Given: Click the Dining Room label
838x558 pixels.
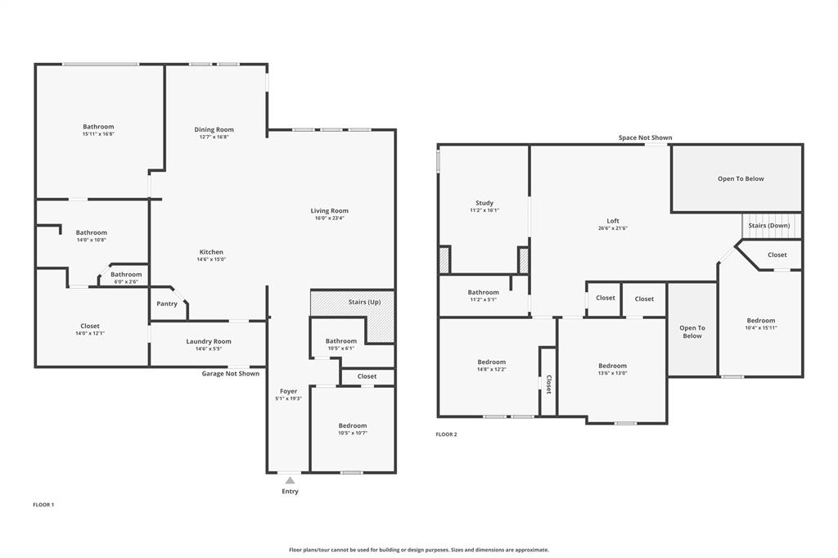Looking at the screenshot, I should coord(214,129).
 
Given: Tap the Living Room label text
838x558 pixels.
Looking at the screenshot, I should coord(329,211).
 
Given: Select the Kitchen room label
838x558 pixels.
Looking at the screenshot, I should coord(211,252).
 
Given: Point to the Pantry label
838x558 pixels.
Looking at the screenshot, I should coord(167,304).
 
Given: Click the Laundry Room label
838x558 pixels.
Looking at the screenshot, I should coord(209,341).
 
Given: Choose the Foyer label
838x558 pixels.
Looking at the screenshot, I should coord(288,391).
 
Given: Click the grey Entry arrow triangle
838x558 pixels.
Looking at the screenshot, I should coord(290,481).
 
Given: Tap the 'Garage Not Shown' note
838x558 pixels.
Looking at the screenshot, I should coord(231,373).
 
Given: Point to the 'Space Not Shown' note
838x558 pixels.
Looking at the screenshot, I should coord(645,137).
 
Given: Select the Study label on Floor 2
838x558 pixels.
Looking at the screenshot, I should coord(484,203).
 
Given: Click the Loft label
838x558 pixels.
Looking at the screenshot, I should coord(613,221).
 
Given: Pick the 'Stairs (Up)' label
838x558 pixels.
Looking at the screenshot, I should coord(364,302).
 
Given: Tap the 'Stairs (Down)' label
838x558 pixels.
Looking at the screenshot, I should coord(770,225).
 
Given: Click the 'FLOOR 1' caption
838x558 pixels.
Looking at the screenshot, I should coord(43,505).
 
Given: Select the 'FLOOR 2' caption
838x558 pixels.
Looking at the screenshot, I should coord(446,434).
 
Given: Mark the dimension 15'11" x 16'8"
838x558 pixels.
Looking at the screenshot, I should coord(98,136).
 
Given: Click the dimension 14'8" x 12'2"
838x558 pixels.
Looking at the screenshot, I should coord(492,370).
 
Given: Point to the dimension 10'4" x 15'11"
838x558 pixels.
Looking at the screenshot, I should coord(760,328).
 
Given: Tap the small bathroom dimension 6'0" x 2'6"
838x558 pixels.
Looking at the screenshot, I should coord(126,282).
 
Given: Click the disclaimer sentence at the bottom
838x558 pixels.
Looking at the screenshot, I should coord(418,550).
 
